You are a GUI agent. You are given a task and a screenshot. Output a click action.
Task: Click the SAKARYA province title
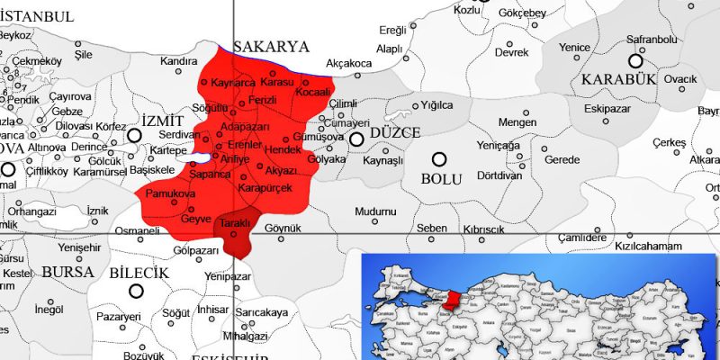(x=271, y=47)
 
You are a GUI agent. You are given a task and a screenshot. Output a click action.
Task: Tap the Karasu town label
(x=277, y=82)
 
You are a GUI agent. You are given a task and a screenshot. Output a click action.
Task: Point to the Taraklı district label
(x=235, y=222)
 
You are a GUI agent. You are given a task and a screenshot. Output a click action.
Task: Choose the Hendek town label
(x=309, y=149)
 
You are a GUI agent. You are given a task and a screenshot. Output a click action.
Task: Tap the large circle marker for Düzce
(x=357, y=139)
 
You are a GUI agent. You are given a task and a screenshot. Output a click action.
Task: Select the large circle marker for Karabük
(x=635, y=61)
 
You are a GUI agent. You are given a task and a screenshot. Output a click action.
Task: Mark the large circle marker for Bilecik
(x=137, y=291)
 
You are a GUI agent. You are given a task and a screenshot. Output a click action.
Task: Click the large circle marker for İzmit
(x=135, y=136)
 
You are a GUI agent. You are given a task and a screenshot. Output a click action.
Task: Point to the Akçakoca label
(x=349, y=64)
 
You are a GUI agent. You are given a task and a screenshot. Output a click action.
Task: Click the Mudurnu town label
(x=375, y=211)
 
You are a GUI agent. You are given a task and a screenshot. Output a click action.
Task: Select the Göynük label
(x=283, y=229)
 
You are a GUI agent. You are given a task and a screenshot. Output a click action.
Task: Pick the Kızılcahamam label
(x=650, y=245)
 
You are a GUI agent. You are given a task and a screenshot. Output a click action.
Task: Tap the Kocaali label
(x=313, y=92)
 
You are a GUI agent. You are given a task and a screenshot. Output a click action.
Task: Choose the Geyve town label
(x=196, y=219)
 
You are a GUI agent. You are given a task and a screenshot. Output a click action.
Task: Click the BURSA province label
(x=67, y=271)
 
